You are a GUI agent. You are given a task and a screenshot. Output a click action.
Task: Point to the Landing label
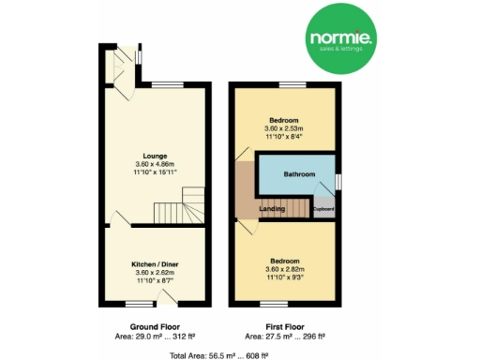pos(272,209)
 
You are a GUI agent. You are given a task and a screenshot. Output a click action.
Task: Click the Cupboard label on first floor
pos(323,208)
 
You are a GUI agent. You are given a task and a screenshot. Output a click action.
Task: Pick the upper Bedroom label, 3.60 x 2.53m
pos(284,121)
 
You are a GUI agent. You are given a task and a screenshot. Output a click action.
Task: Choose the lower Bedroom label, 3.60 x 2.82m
pos(284,260)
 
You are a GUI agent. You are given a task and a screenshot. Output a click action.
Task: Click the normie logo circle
pos(344,40)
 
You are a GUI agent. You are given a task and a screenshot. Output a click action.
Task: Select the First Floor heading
pos(284,326)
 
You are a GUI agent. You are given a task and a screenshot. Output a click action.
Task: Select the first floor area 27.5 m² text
pos(284,336)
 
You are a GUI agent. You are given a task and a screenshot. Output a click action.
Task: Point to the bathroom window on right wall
pos(338,178)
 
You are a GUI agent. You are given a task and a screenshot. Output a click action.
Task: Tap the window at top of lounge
pos(169,85)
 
